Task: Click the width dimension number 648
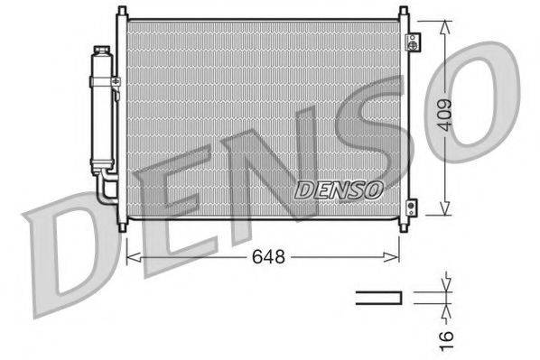(x=267, y=257)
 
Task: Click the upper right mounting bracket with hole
(x=413, y=42)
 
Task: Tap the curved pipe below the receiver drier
(x=104, y=189)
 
